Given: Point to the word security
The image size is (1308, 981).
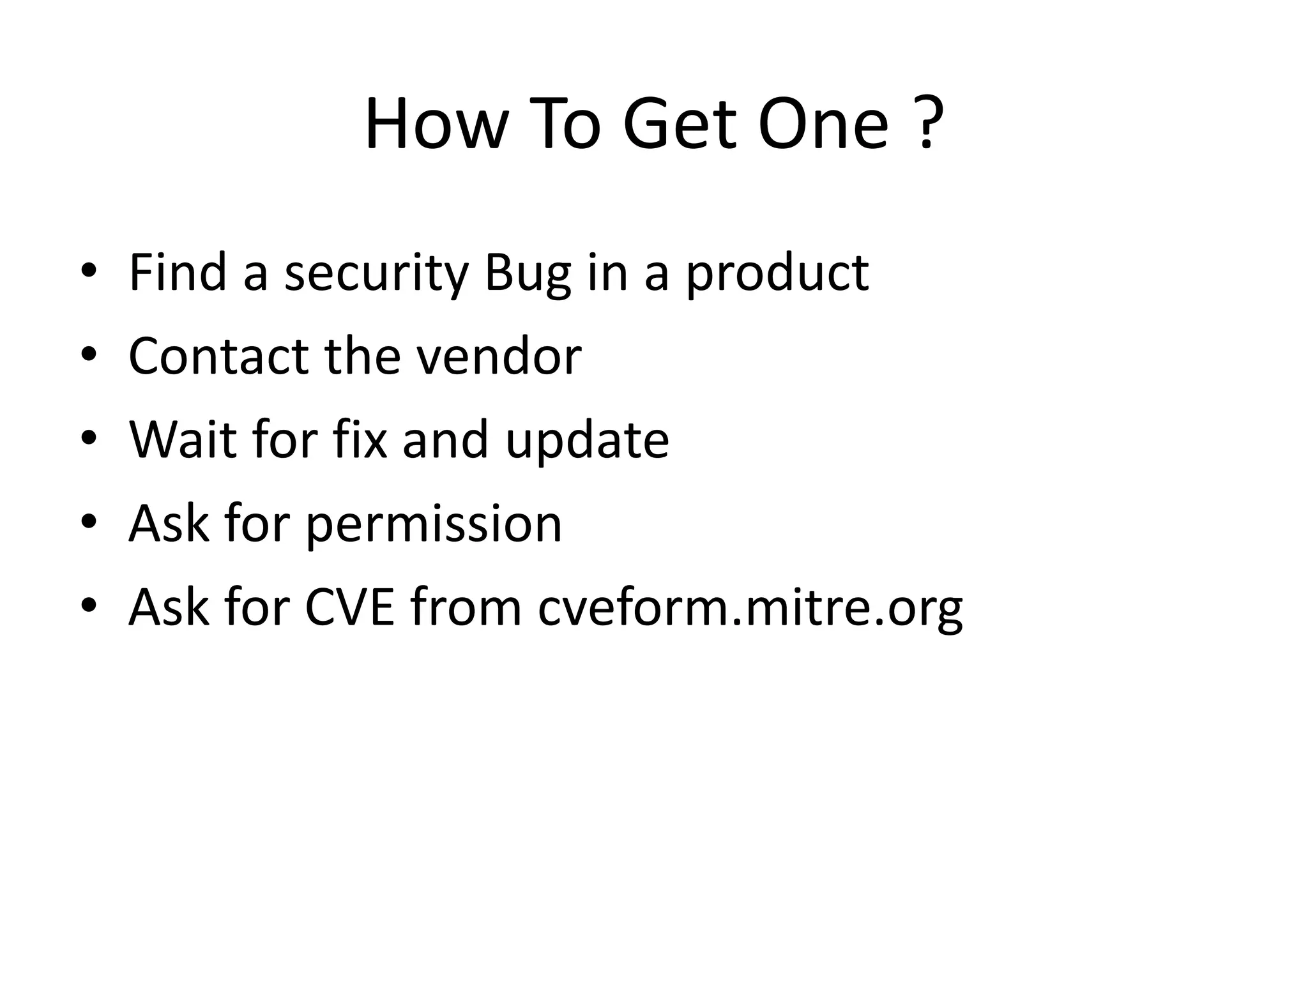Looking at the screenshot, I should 376,273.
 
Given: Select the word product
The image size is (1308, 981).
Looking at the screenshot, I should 777,273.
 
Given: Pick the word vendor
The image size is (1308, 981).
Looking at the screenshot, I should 499,356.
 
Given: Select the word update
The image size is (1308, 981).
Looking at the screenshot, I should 587,441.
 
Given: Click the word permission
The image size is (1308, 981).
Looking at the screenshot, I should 434,524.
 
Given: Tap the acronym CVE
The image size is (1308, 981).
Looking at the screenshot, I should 349,607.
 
